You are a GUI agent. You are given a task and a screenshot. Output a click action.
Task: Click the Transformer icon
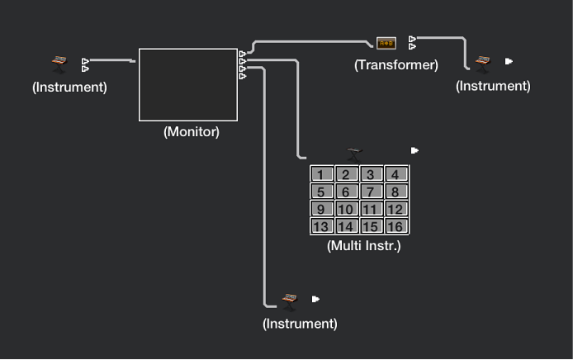click(386, 43)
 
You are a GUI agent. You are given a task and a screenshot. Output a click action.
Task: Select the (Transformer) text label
click(396, 64)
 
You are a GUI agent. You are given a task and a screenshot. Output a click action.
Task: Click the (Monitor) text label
click(191, 131)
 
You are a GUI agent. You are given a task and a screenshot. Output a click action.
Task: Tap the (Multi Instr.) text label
click(364, 245)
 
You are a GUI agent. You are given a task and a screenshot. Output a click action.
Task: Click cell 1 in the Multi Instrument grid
click(321, 174)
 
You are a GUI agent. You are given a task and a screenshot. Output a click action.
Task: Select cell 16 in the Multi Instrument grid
click(396, 226)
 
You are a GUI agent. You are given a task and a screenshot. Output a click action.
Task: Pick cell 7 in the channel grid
click(372, 192)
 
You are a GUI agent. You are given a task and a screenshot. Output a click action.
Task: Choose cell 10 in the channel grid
click(346, 209)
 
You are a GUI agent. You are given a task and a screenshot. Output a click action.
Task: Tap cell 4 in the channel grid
click(396, 174)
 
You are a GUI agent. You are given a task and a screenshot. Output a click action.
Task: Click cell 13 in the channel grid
click(321, 226)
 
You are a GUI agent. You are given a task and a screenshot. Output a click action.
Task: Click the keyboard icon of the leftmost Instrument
click(59, 64)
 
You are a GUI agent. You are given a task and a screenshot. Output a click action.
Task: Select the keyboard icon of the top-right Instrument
click(483, 62)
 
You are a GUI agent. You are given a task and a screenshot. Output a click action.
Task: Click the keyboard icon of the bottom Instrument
click(289, 300)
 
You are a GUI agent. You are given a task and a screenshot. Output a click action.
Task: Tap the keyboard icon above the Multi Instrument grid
click(356, 152)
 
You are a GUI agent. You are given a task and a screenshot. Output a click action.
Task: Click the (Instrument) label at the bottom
click(300, 324)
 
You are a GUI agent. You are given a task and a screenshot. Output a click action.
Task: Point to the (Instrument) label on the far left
click(69, 86)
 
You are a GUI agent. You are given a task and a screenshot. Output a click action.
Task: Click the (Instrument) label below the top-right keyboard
click(493, 85)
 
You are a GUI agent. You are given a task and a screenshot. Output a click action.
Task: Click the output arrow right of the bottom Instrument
click(315, 299)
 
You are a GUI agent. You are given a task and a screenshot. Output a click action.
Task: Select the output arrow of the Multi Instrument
click(414, 150)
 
